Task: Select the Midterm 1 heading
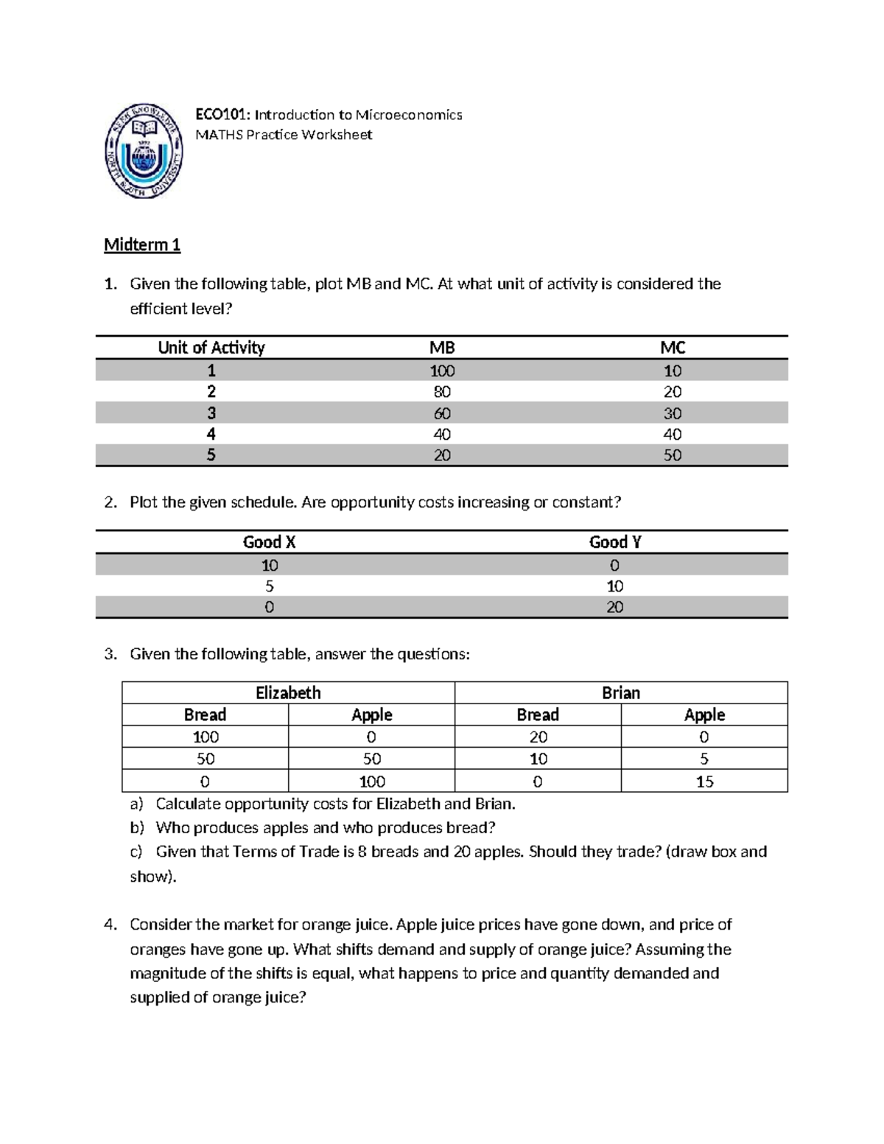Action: (142, 245)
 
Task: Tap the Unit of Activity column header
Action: (211, 348)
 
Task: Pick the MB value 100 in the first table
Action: (442, 370)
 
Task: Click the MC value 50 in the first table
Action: (672, 455)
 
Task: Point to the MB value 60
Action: (442, 413)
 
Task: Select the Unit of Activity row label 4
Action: (211, 434)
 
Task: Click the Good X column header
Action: (269, 542)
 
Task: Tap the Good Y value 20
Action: (614, 607)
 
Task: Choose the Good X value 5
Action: (269, 586)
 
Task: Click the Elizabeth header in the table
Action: (288, 693)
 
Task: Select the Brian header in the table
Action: (621, 693)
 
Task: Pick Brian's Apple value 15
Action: (704, 782)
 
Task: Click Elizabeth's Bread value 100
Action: (206, 737)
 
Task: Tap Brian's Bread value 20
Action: (538, 737)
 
